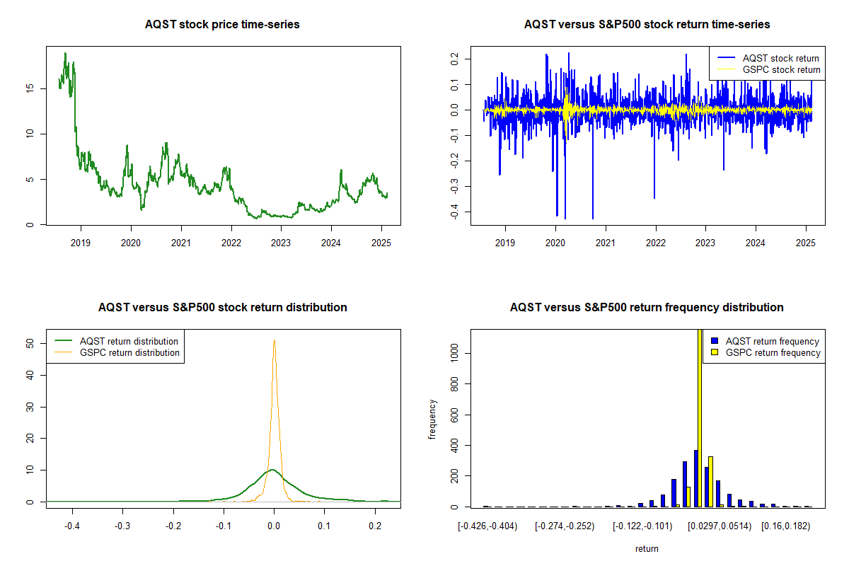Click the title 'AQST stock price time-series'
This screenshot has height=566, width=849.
point(222,24)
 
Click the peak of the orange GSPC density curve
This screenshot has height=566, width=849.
point(274,340)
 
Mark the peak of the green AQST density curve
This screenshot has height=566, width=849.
point(272,470)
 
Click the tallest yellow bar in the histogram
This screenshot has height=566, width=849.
point(700,417)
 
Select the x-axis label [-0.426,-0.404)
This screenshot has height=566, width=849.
point(487,526)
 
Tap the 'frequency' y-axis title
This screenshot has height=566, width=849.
point(432,420)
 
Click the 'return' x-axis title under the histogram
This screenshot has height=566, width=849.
point(647,548)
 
